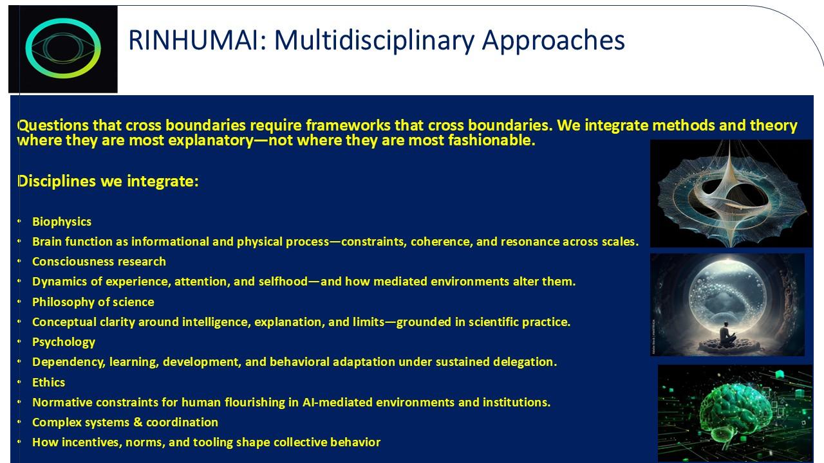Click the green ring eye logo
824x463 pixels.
point(63,49)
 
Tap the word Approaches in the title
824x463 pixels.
point(553,41)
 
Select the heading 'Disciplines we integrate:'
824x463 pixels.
point(108,181)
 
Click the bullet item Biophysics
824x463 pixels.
point(62,222)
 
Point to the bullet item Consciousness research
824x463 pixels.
point(98,262)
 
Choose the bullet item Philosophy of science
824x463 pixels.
point(93,302)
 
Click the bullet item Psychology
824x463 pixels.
point(64,342)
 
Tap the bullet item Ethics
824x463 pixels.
point(48,383)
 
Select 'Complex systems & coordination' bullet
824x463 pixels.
point(125,422)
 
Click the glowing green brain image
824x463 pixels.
point(735,412)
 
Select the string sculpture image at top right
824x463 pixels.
point(731,193)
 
